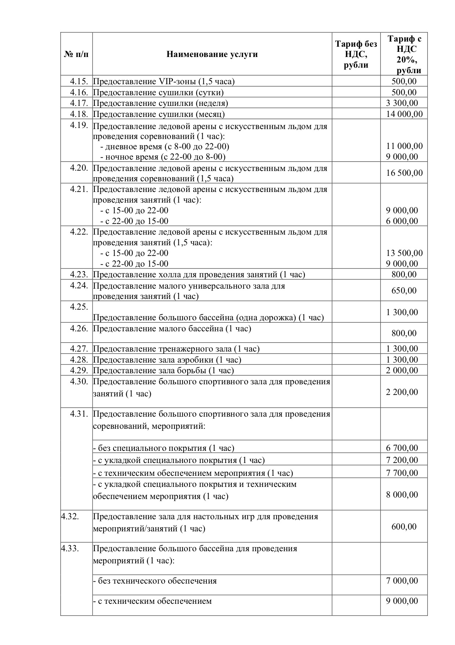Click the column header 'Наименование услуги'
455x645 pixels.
[212, 54]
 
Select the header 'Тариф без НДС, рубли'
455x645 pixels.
[356, 54]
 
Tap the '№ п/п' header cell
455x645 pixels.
[76, 54]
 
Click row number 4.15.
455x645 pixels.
[79, 81]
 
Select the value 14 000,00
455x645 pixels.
[404, 114]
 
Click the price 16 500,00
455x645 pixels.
[404, 173]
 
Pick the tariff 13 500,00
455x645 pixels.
[404, 253]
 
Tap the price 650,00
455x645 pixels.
[404, 291]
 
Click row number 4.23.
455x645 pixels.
[79, 274]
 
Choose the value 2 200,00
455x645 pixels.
[402, 392]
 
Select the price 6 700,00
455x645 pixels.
[402, 448]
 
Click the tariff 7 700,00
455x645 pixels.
[402, 473]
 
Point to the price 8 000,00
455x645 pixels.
[402, 495]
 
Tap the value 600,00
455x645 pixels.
[404, 527]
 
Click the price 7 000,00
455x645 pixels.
[402, 581]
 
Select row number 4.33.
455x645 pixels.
[70, 548]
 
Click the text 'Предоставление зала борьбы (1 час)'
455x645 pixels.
[163, 370]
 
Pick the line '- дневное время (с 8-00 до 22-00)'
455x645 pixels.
[165, 147]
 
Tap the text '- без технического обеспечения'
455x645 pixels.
[155, 581]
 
